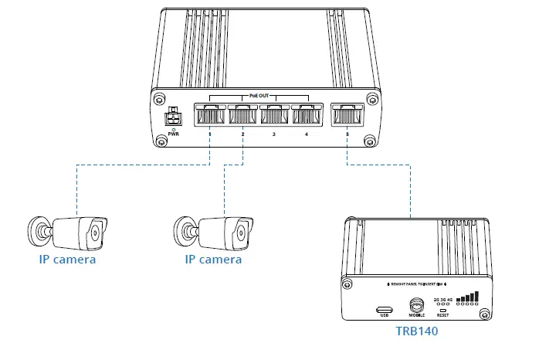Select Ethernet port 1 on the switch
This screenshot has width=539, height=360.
click(x=209, y=116)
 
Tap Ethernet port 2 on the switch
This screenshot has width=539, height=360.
click(x=242, y=116)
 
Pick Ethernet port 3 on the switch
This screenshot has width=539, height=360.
click(x=274, y=116)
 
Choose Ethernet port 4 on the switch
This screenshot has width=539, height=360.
click(x=307, y=116)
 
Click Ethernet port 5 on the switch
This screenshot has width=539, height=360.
click(x=347, y=116)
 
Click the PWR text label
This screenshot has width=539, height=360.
click(x=175, y=134)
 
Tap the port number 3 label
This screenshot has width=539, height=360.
click(x=274, y=134)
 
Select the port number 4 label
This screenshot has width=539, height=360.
click(x=307, y=134)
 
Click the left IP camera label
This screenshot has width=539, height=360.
click(x=68, y=260)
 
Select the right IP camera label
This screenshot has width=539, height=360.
click(x=213, y=260)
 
